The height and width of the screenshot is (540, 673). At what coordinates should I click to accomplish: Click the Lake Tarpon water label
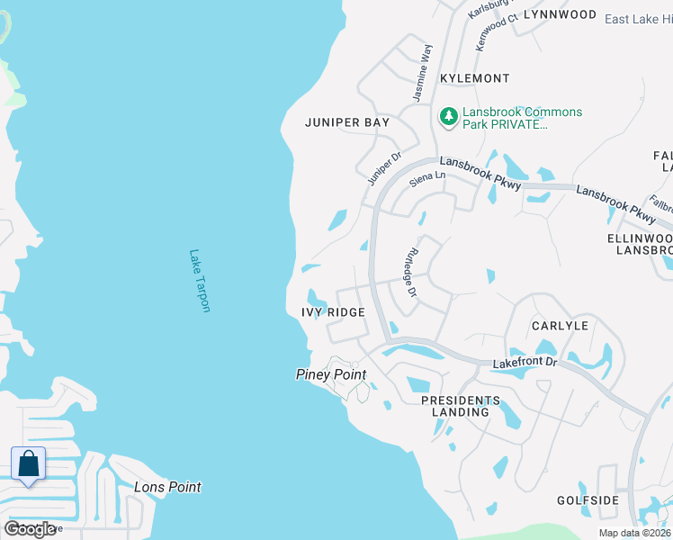200,281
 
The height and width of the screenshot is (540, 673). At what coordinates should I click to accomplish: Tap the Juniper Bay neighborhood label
346,122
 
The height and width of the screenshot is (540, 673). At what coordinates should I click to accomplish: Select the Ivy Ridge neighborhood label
333,312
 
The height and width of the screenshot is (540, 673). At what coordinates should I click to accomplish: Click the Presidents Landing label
460,406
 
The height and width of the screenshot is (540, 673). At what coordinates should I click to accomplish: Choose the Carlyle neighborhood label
559,326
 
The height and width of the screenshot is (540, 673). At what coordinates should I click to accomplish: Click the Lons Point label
167,487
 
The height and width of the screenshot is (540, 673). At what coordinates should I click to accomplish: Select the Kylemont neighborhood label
474,79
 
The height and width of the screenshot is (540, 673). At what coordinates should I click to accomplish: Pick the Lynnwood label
560,14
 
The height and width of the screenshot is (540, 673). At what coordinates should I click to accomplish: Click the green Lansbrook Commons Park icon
447,116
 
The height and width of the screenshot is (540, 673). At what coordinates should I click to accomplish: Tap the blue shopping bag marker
29,465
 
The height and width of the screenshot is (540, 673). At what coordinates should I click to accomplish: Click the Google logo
30,528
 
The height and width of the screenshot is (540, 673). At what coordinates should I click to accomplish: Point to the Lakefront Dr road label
525,362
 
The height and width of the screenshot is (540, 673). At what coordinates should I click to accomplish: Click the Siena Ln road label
427,179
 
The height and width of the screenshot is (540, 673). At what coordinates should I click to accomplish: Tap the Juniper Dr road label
383,169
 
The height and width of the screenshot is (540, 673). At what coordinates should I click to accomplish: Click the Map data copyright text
634,533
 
